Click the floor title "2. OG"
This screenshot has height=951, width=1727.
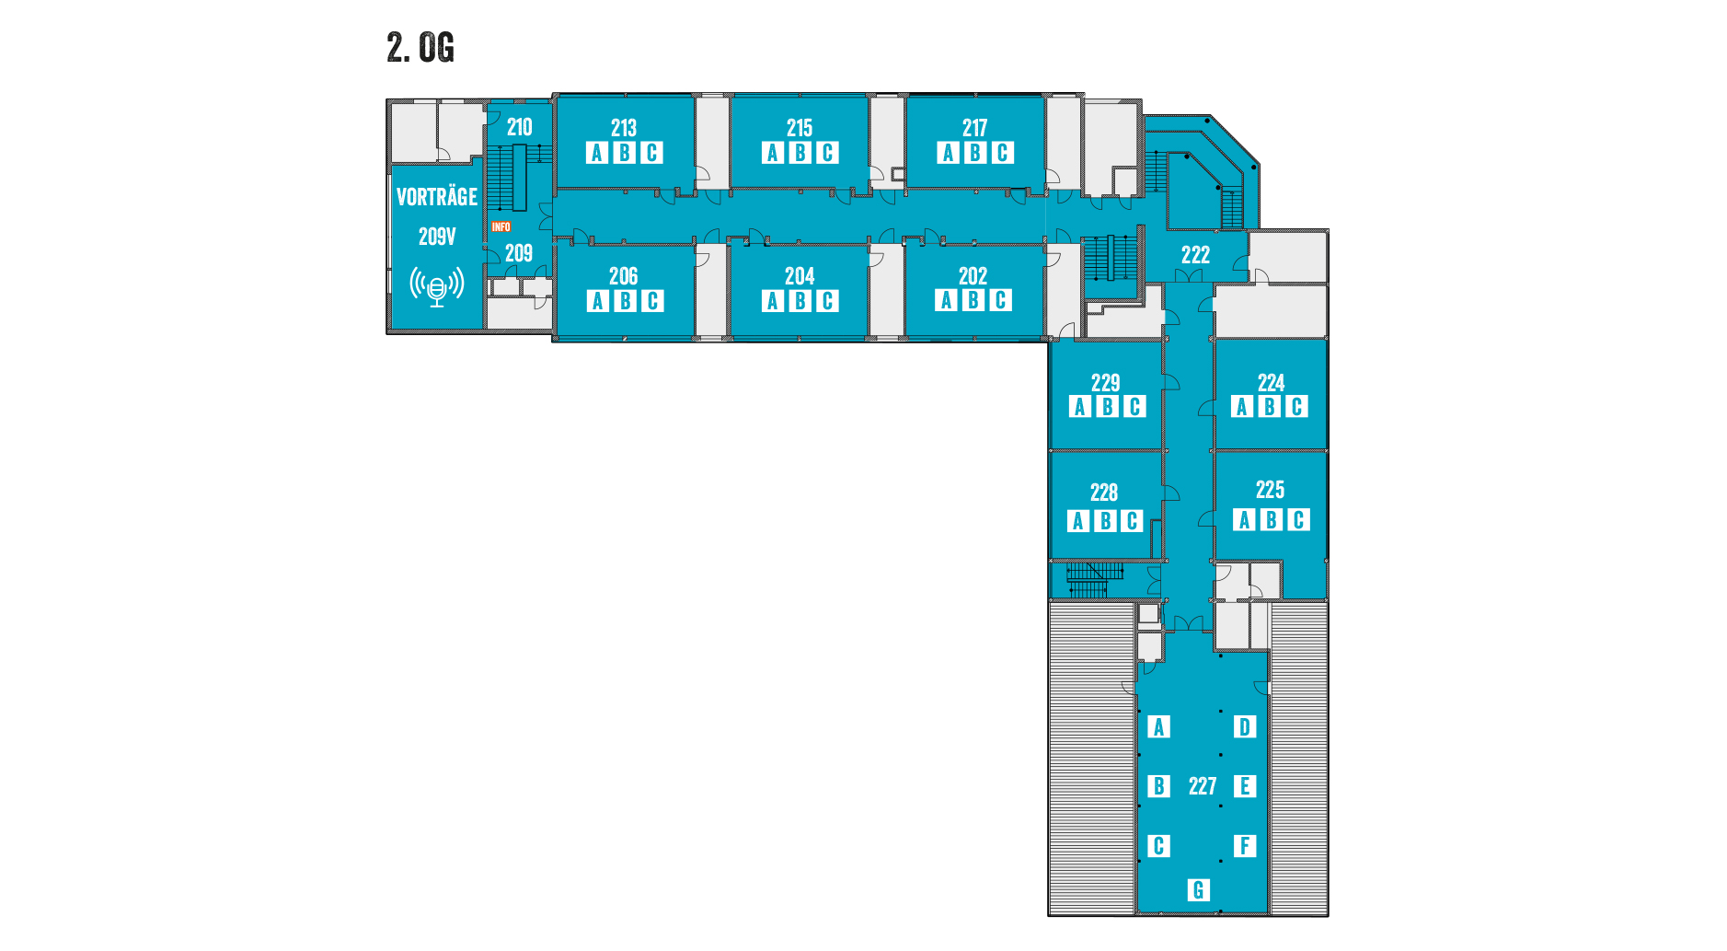(420, 48)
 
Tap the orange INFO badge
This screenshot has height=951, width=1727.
(501, 226)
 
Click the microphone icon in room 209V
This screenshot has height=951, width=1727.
(437, 286)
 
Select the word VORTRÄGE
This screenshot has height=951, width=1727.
(437, 197)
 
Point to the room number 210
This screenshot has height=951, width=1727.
(519, 128)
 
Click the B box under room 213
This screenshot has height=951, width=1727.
(625, 153)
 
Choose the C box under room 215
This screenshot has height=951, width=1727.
(827, 153)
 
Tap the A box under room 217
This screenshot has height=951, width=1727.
(948, 153)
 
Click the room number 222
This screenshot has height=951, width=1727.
(1195, 255)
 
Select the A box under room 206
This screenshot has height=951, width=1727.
(597, 301)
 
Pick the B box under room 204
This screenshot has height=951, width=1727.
(800, 301)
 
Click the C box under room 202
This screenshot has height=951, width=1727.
(1000, 300)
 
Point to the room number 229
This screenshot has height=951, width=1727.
(1105, 383)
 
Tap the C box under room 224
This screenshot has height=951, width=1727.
(1296, 407)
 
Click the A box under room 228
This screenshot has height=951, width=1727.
(1077, 521)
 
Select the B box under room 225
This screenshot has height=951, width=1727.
(1271, 520)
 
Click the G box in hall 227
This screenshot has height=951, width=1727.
(1197, 890)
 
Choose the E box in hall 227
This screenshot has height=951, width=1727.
(1244, 786)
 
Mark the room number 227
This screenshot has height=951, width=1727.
(1202, 786)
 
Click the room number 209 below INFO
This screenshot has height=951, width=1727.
(519, 253)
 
